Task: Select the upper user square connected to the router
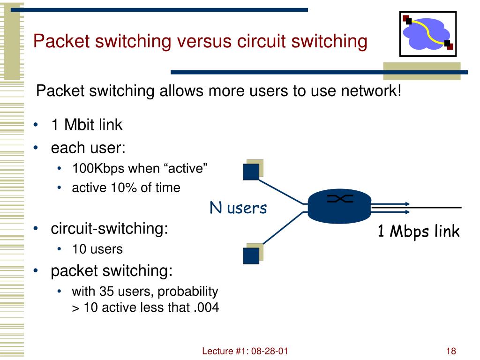coord(251,171)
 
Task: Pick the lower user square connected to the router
coord(251,255)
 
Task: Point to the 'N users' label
coord(238,208)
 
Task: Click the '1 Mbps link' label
coord(419,231)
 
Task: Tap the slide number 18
coord(451,351)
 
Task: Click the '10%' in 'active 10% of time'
coord(122,188)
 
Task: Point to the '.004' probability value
coord(206,308)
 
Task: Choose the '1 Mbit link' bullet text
coord(86,125)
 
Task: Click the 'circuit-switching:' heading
coord(109,229)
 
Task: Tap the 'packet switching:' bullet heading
coord(112,270)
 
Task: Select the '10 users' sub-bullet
coord(97,249)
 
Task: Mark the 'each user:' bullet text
coord(88,148)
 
